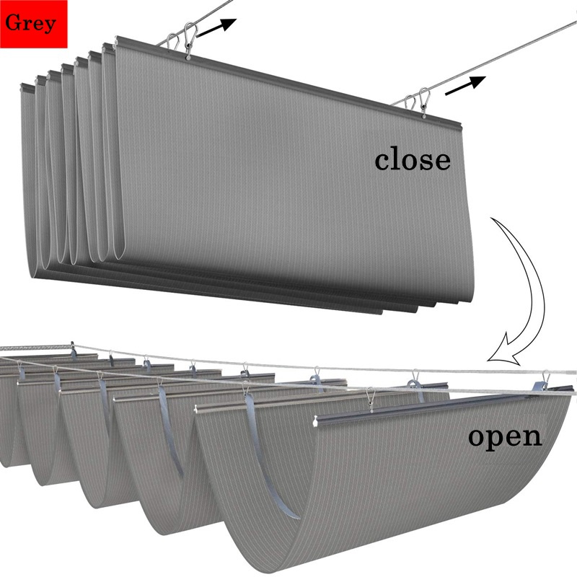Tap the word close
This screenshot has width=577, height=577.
tap(412, 159)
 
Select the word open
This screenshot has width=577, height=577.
tap(504, 436)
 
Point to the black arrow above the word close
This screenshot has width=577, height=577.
tap(466, 84)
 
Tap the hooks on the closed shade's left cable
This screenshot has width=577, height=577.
tap(184, 38)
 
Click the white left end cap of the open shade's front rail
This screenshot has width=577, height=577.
tap(317, 420)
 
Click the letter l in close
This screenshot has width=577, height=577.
tap(397, 158)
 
